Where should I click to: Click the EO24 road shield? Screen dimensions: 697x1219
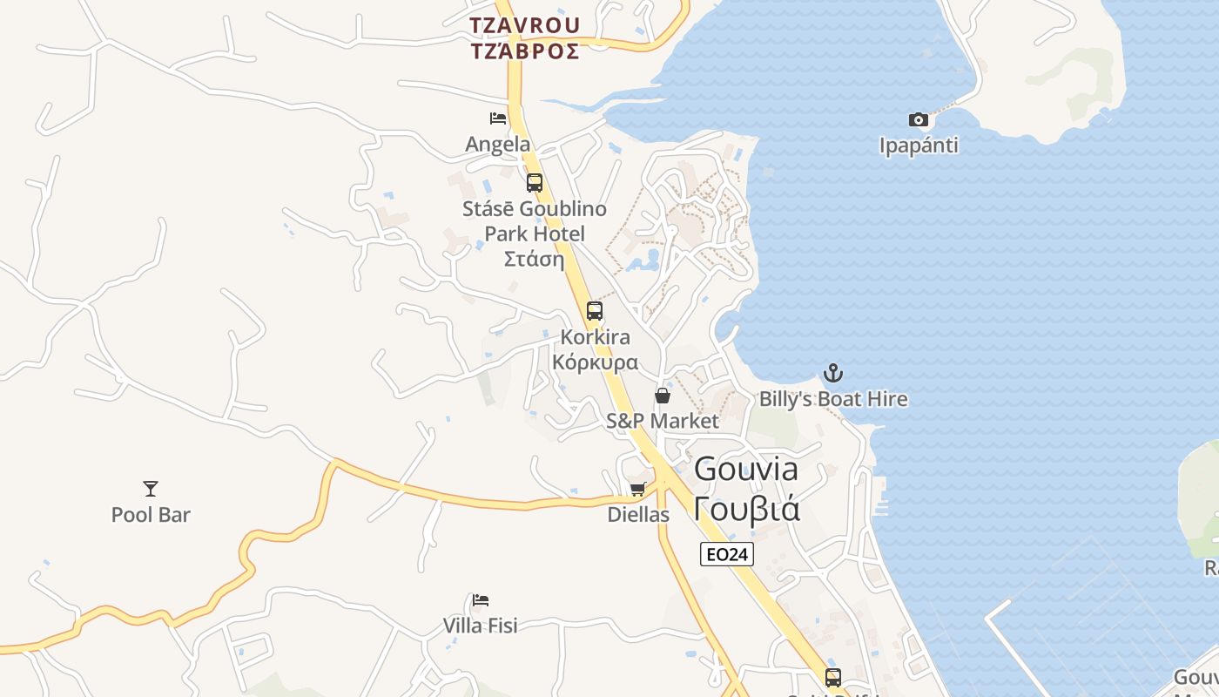coord(726,554)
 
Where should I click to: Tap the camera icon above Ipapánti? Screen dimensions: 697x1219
coord(919,119)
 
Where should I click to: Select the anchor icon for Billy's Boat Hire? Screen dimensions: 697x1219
coord(833,373)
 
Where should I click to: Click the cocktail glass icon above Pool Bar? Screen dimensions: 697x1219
coord(151,489)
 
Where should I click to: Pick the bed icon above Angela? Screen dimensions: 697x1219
coord(498,118)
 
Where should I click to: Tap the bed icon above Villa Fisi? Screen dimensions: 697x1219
coord(481,600)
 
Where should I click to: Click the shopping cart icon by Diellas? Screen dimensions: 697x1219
coord(638,489)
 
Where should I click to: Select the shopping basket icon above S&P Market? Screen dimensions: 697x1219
coord(663,396)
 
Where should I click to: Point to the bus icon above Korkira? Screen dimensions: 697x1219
coord(595,310)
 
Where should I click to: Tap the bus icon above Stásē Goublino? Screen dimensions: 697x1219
coord(535,183)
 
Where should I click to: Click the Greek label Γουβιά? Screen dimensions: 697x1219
coord(747,508)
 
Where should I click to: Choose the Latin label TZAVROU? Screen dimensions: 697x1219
coord(524,24)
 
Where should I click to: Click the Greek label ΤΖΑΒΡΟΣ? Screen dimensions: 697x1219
coord(524,51)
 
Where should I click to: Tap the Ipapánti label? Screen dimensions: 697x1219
coord(919,145)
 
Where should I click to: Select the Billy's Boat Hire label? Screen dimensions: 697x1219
coord(833,399)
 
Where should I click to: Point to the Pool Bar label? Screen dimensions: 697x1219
coord(151,515)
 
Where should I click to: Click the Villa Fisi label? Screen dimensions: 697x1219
coord(481,626)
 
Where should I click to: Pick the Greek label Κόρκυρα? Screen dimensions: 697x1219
coord(596,362)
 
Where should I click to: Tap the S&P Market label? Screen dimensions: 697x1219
coord(663,421)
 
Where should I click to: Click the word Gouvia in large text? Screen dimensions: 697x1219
coord(746,470)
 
